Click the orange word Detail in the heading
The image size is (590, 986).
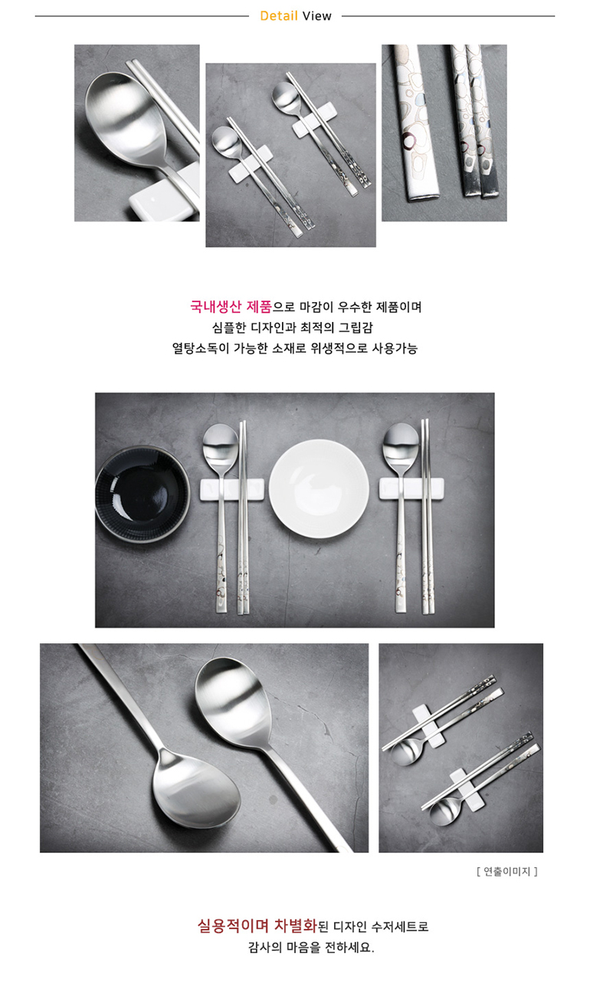pos(279,16)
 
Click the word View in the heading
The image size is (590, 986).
pos(316,16)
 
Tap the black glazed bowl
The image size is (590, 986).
pos(143,495)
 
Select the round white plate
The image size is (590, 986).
pos(319,488)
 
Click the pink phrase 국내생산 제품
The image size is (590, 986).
pos(231,307)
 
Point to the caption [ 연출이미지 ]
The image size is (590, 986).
pos(506,871)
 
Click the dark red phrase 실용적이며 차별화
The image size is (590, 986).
pos(257,925)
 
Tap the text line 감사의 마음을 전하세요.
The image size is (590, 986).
pos(311,947)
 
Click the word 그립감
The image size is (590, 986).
pos(356,327)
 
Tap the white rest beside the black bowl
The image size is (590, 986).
pos(232,490)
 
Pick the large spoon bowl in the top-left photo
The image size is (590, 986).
pos(126,119)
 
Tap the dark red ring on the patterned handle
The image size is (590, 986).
pos(409,141)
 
